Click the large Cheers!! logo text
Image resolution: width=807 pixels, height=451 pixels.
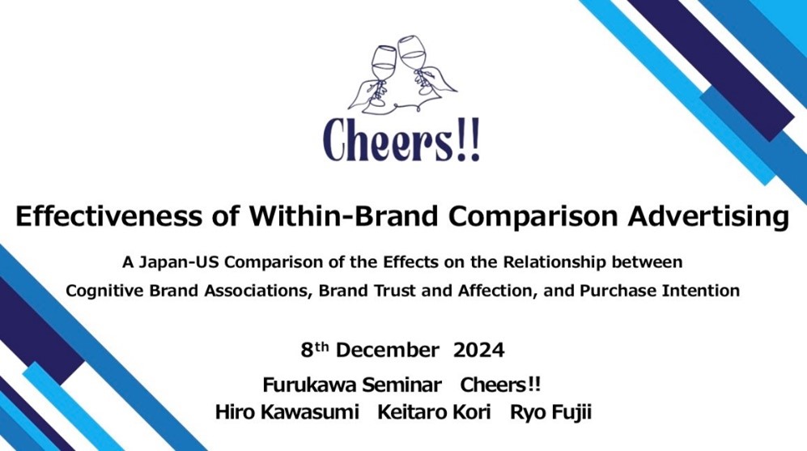coord(401,140)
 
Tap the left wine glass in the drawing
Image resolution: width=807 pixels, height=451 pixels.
coord(381,74)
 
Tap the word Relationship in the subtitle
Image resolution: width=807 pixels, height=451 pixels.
coord(554,262)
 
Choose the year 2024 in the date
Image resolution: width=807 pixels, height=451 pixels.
coord(478,350)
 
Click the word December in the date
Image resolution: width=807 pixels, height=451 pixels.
coord(387,350)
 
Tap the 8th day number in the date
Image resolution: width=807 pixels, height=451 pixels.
coord(314,350)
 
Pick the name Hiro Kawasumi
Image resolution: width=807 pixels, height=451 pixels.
coord(287,412)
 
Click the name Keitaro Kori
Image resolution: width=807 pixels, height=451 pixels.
coord(434,412)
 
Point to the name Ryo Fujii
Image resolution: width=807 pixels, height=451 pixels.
coord(550,413)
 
